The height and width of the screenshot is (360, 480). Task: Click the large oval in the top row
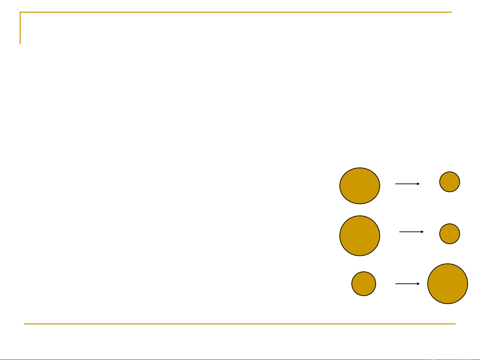click(x=360, y=185)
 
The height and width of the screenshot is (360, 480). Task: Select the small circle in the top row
click(x=450, y=182)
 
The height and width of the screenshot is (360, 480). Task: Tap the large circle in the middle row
click(x=360, y=236)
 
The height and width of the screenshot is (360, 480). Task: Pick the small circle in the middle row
click(x=450, y=234)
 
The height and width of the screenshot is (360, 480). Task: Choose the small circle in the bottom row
click(x=364, y=284)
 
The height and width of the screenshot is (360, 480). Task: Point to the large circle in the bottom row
click(x=448, y=284)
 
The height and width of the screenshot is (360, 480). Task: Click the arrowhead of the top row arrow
click(x=418, y=183)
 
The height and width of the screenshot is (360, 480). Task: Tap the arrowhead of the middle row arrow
click(x=422, y=231)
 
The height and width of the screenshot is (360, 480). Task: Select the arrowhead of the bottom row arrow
click(x=418, y=284)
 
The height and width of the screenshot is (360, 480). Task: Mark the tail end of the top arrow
click(x=396, y=183)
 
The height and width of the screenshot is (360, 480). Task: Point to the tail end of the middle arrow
click(x=400, y=231)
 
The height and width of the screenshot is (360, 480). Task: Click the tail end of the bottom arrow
click(x=396, y=284)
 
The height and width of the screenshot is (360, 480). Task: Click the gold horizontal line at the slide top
click(x=233, y=12)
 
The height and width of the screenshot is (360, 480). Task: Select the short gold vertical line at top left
click(x=20, y=28)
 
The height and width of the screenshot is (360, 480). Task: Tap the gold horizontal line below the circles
click(x=240, y=324)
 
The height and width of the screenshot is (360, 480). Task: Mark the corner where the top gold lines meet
click(x=20, y=12)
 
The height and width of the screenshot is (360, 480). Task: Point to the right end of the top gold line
click(x=451, y=12)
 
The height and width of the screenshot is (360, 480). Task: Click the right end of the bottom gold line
click(x=455, y=324)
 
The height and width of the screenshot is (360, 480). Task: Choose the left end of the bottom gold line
click(x=24, y=324)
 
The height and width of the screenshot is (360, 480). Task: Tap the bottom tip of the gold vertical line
click(x=20, y=43)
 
